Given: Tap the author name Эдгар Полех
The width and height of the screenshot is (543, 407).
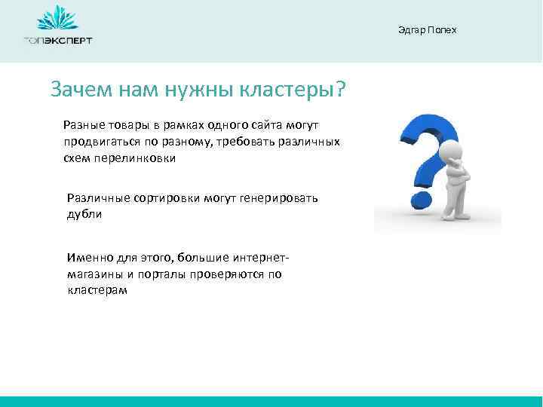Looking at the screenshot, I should click(427, 29).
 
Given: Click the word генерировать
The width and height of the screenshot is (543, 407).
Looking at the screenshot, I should click(280, 198).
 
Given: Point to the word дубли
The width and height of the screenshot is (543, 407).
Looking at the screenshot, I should click(83, 214).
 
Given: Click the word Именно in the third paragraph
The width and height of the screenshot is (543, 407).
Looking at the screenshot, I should click(86, 258).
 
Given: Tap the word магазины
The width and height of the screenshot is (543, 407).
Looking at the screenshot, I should click(92, 274).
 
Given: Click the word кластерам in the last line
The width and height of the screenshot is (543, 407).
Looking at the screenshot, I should click(97, 291).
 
